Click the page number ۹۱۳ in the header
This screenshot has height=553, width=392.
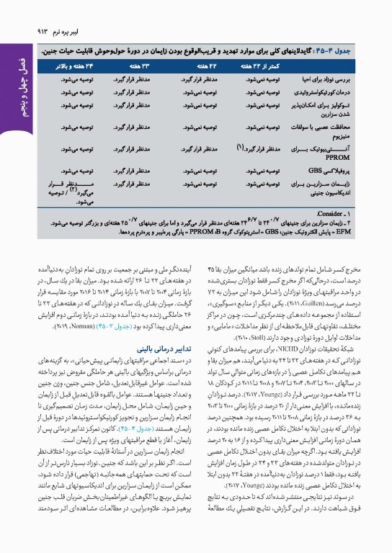tap(36, 31)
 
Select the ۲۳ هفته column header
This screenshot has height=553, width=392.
tap(142, 66)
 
